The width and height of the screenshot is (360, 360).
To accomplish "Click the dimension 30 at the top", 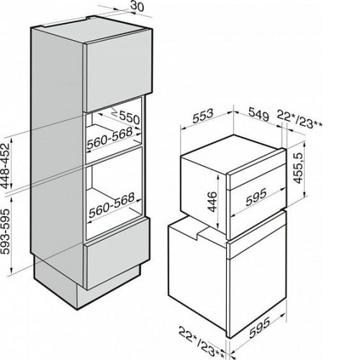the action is point(138,6).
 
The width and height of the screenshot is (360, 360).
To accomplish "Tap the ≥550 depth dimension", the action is point(126,116).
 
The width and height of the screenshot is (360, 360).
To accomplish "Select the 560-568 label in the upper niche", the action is point(109,139).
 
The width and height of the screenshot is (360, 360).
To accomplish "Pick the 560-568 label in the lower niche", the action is point(112,205).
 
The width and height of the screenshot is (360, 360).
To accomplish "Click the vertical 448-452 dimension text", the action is point(6,166).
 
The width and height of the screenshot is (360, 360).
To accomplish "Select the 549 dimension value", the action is point(258,114).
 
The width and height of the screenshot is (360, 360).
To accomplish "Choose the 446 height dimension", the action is point(212,202).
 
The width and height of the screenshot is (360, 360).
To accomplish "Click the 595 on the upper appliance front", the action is point(256,197).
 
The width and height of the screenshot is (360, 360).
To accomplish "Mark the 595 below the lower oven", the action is point(259,327).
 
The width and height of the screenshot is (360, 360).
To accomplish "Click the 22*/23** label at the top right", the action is point(300,120).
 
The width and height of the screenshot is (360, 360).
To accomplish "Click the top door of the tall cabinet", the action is point(118,71).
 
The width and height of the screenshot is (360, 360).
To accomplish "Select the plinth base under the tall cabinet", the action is point(87,286).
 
